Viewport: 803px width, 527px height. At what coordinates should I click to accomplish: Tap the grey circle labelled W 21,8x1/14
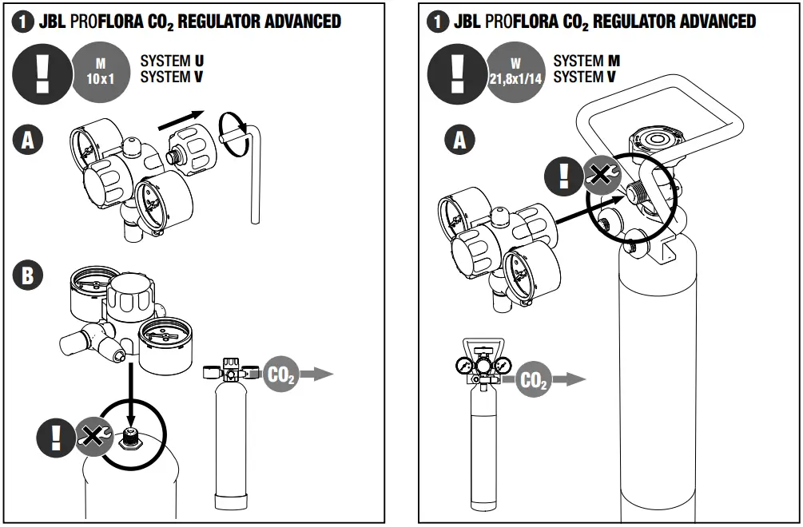[x=516, y=73]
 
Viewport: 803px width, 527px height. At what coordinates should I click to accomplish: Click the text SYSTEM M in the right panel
[x=586, y=61]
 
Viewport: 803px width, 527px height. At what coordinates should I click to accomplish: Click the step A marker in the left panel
[x=28, y=141]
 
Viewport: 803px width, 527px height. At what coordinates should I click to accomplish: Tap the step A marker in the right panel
[x=459, y=141]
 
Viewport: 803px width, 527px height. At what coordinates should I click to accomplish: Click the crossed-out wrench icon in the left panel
[x=93, y=437]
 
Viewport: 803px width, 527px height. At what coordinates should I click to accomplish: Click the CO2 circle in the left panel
[x=280, y=374]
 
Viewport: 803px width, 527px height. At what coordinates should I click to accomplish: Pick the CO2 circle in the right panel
[x=533, y=380]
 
